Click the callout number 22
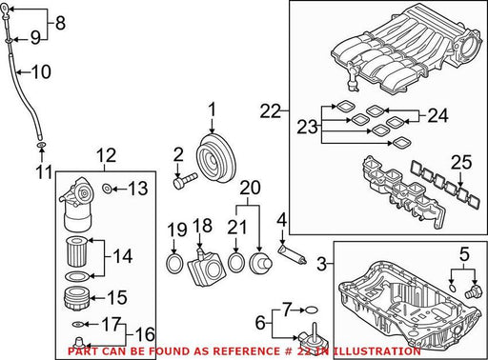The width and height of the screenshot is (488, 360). pos(271,111)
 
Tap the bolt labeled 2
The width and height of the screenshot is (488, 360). pos(185,180)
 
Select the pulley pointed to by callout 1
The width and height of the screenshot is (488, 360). pos(215,158)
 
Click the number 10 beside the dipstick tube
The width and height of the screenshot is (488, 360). pos(41,71)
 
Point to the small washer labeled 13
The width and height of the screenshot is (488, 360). pos(107,189)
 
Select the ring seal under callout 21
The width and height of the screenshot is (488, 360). pos(236,262)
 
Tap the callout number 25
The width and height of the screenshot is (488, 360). pos(461,162)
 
